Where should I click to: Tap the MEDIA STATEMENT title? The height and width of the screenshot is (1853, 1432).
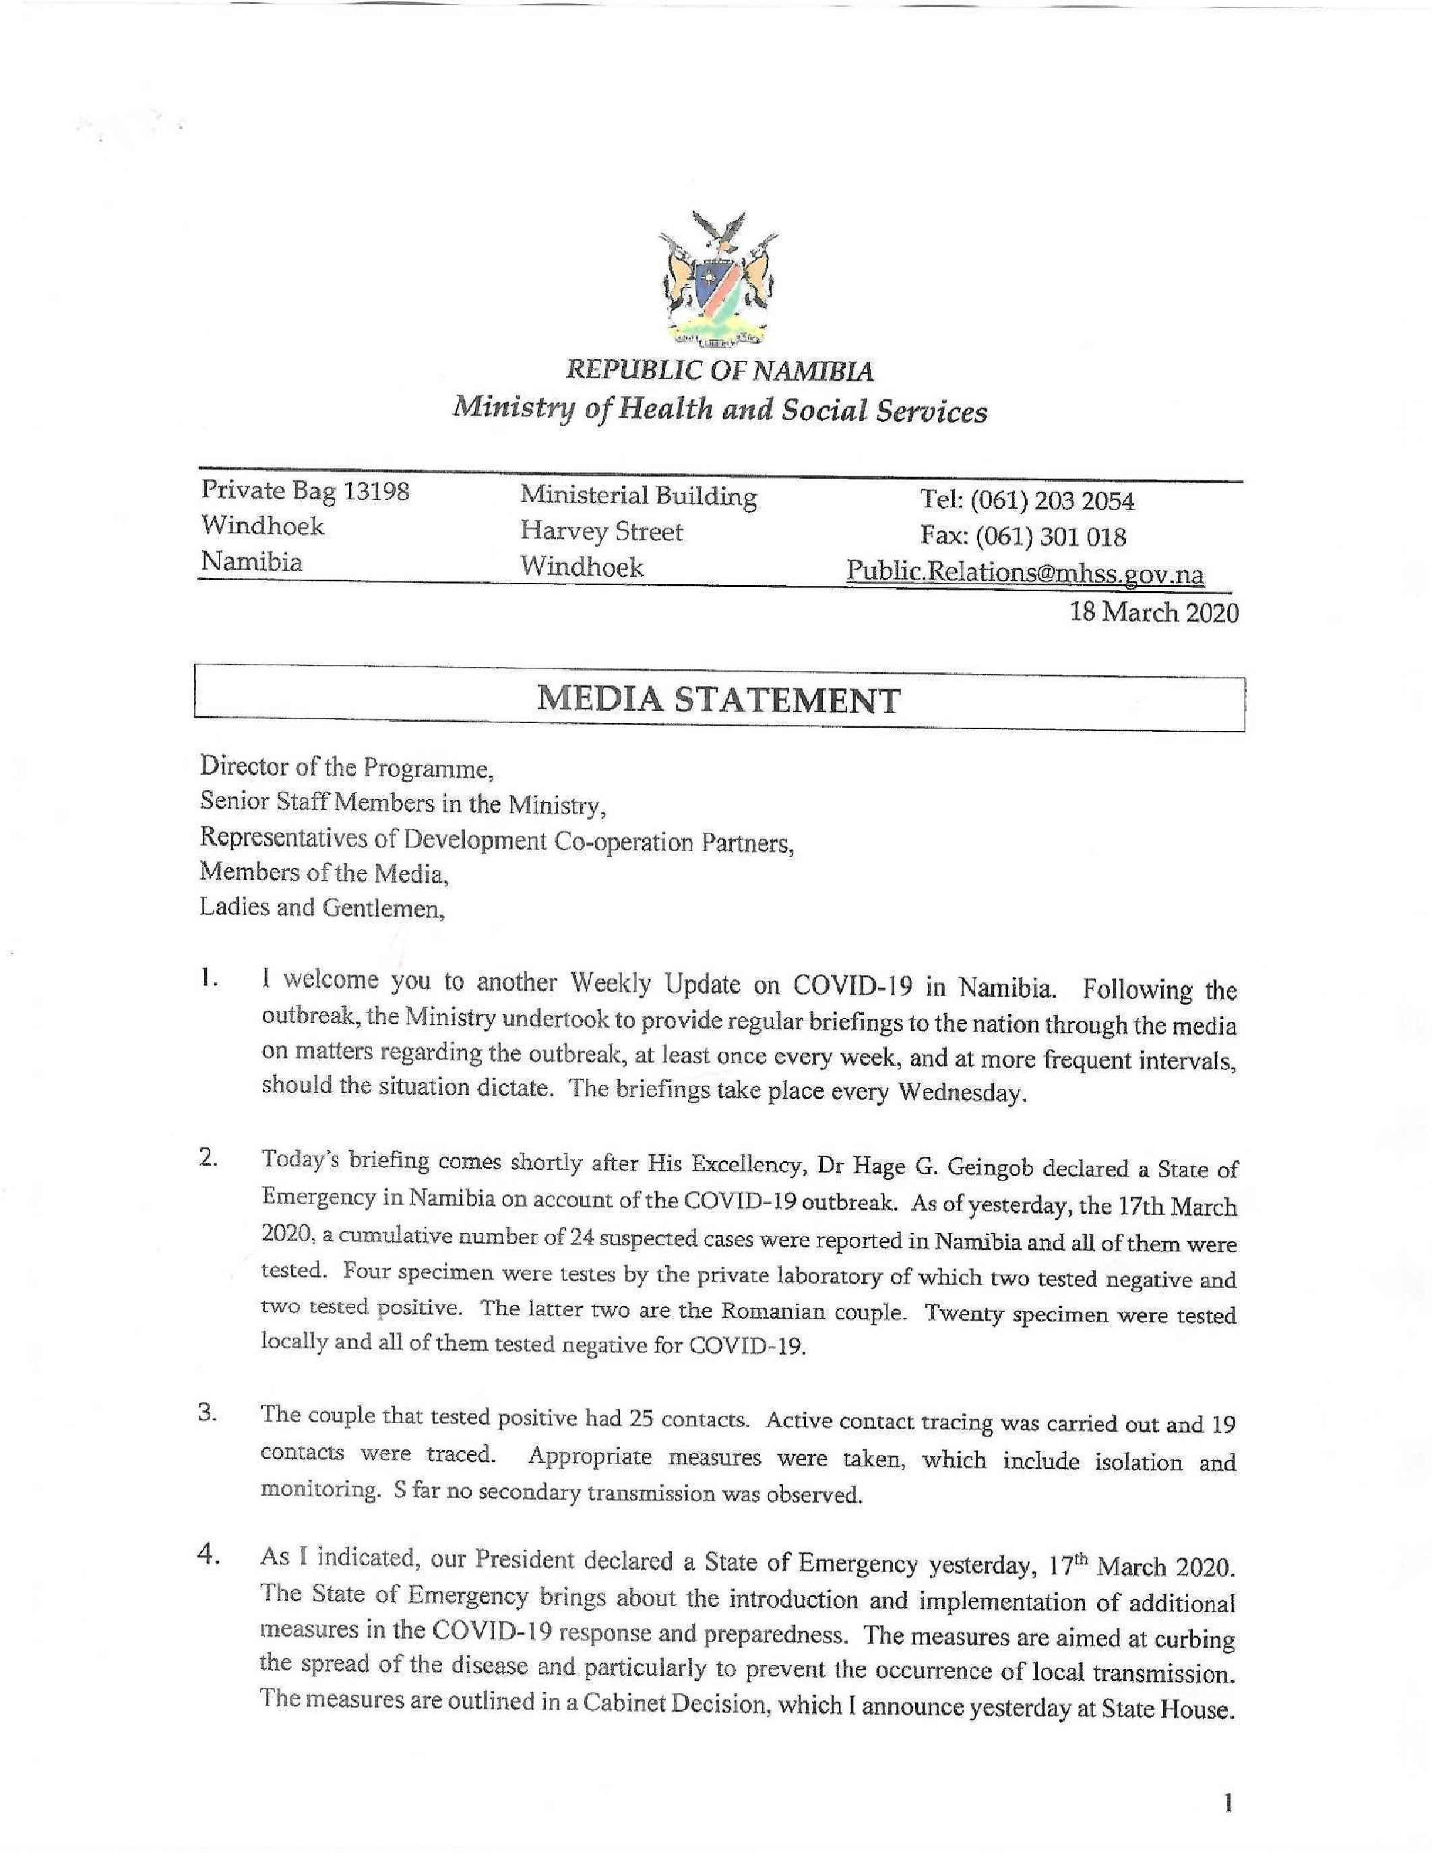pyautogui.click(x=718, y=701)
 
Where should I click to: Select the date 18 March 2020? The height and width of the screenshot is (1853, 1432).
pyautogui.click(x=1154, y=612)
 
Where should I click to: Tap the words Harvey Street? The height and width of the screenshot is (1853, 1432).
pyautogui.click(x=600, y=532)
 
